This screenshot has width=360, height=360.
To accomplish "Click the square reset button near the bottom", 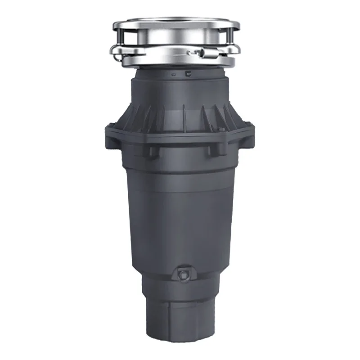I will coord(183,273).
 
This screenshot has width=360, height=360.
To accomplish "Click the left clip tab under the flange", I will coord(152,149).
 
